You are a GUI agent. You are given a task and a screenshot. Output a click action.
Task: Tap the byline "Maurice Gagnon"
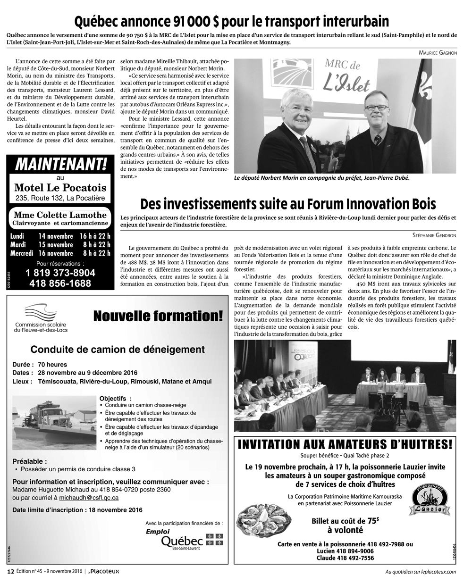click(438, 53)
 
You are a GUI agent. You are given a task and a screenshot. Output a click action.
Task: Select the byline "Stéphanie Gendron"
click(432, 234)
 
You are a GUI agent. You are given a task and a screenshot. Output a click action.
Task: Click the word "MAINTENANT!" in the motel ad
click(61, 165)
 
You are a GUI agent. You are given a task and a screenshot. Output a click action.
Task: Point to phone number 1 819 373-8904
click(60, 273)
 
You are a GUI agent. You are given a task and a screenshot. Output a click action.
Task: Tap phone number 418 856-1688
click(60, 284)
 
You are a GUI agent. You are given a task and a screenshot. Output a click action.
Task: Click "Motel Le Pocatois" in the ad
click(60, 188)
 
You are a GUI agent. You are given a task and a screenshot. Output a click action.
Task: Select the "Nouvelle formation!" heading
click(158, 316)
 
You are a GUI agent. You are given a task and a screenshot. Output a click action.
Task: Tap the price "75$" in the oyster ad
click(373, 520)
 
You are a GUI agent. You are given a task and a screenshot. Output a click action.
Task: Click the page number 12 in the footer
click(10, 572)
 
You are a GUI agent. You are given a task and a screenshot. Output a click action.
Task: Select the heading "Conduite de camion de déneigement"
click(118, 350)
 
